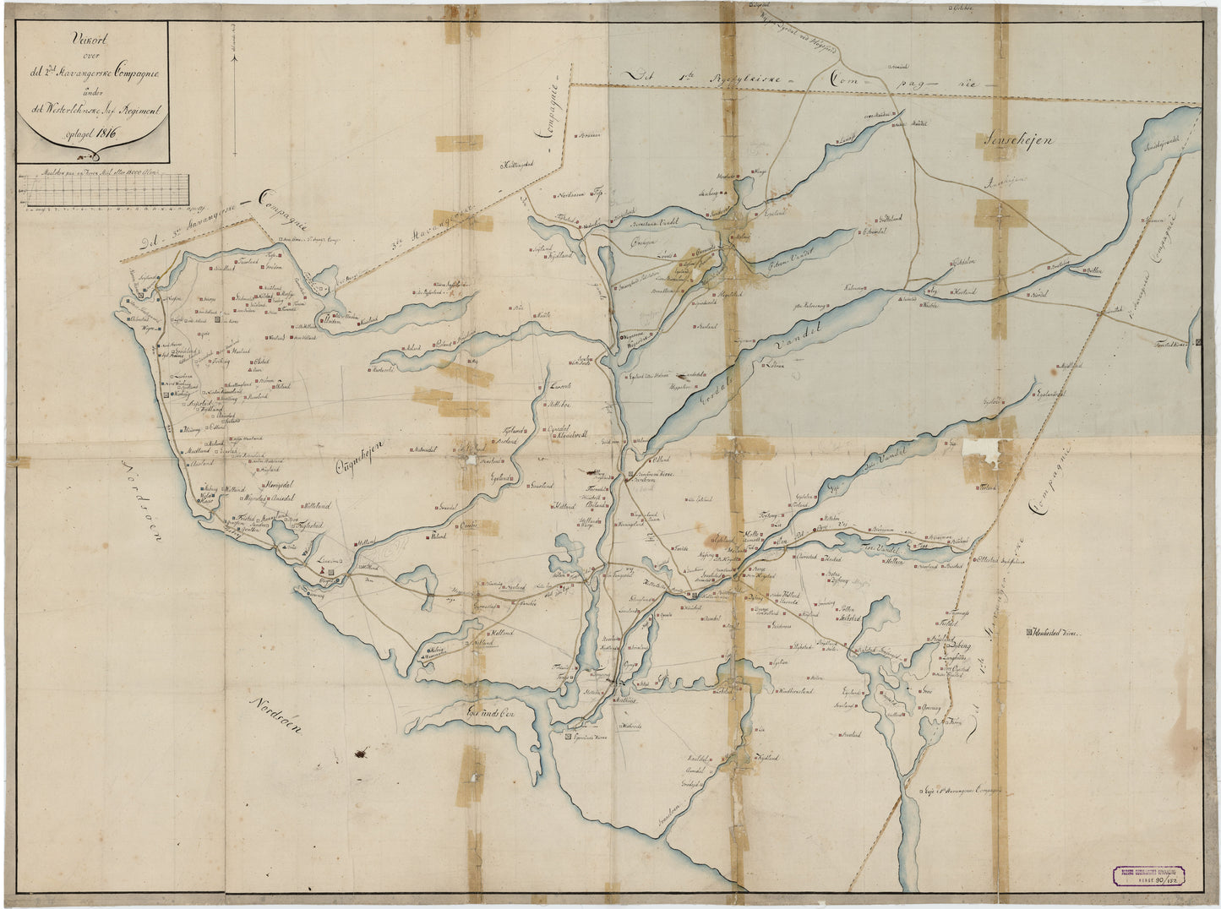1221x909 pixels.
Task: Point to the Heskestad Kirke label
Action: [1055, 632]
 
